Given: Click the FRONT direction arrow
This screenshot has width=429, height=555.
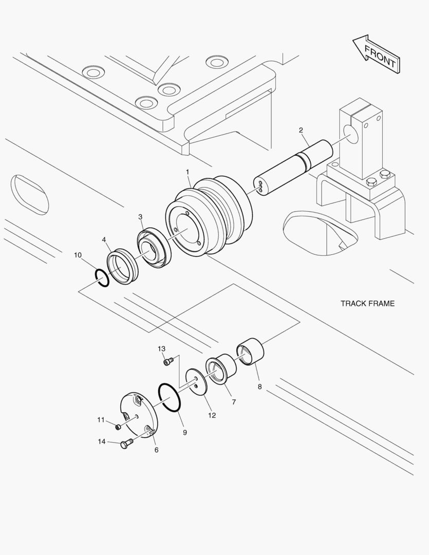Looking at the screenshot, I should [x=377, y=54].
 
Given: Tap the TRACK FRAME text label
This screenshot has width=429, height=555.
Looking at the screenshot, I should [x=367, y=303].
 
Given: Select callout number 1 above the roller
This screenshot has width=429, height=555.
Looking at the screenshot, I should [x=188, y=171].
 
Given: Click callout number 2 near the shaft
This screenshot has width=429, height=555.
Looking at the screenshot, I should [x=301, y=130].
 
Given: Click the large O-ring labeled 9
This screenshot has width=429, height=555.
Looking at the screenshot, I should [x=169, y=397].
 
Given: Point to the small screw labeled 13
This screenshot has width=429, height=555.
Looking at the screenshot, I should [x=166, y=362].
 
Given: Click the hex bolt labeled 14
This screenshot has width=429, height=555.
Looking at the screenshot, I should [x=126, y=444].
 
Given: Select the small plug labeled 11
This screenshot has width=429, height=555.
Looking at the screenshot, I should [x=118, y=427].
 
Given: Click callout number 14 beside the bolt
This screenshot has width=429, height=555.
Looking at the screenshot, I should [x=102, y=441].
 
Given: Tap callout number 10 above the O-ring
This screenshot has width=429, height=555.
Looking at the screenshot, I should [x=78, y=255].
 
